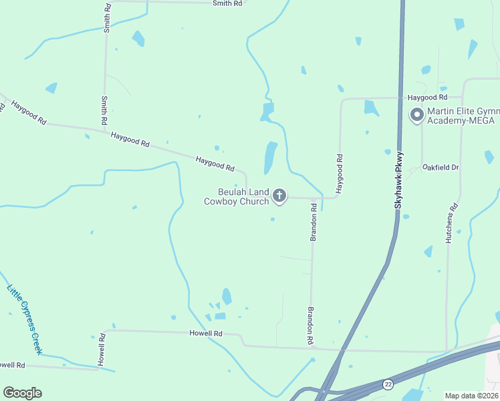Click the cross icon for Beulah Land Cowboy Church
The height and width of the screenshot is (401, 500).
click(279, 196)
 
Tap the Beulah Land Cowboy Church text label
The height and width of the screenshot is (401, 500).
click(237, 196)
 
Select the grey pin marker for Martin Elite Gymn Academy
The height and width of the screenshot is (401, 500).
click(417, 115)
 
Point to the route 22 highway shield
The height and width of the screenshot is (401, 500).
click(388, 384)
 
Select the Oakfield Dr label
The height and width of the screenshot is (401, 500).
click(441, 168)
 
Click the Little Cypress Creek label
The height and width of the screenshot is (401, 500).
click(25, 320)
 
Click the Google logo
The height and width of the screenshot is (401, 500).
click(22, 393)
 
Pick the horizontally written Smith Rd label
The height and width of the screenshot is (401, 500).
click(227, 3)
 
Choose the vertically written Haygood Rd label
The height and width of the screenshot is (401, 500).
click(340, 174)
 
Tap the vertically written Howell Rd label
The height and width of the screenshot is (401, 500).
click(102, 348)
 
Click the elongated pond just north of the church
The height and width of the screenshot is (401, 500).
click(271, 158)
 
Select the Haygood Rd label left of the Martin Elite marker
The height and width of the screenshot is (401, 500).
click(428, 98)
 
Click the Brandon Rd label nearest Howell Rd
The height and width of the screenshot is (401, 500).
click(311, 325)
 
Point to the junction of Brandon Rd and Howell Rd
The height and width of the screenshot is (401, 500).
click(311, 347)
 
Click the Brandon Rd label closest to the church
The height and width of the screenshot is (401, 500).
click(313, 222)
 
